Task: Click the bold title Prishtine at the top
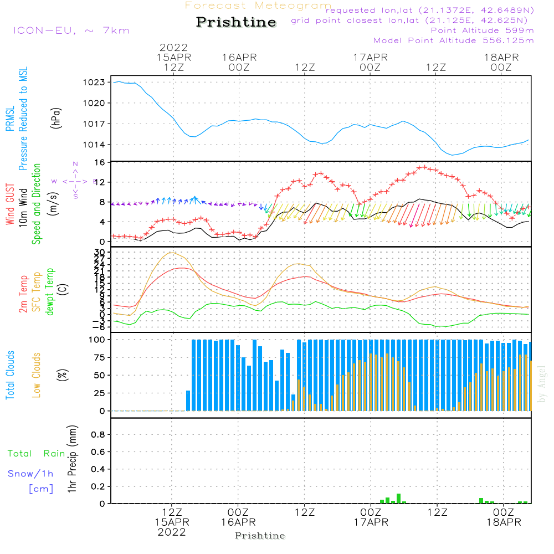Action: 236,23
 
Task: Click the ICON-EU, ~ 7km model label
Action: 71,30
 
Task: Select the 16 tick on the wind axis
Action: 100,162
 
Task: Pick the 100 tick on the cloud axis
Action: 99,339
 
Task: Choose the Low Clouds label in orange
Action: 37,374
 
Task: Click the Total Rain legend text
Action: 37,454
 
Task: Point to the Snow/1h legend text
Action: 31,474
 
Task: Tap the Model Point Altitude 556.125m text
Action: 454,40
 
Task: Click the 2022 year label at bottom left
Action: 172,532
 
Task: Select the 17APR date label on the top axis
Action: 370,57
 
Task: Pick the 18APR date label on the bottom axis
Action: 503,522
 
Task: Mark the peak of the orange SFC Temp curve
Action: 171,253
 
